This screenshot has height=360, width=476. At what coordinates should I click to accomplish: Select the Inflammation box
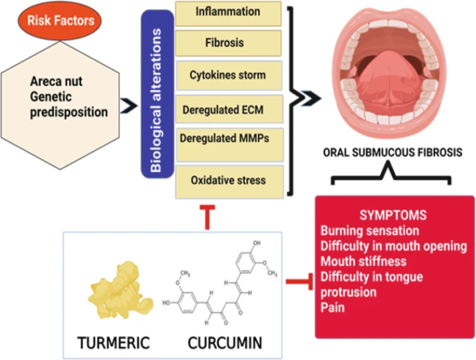(227, 12)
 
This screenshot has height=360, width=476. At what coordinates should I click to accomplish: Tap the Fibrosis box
(227, 42)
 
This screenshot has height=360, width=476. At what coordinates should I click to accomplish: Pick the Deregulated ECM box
(227, 107)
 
